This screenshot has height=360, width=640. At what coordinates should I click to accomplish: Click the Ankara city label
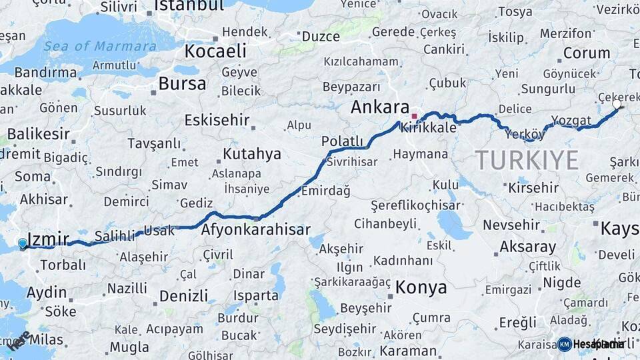[x=380, y=107]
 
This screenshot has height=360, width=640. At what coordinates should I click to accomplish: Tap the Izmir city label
[x=48, y=238]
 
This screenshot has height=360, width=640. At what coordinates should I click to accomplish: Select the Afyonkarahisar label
[x=256, y=230]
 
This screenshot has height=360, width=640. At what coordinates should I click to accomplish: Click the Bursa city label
[x=182, y=84]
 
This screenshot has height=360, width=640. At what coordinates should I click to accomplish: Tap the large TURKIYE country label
[x=527, y=160]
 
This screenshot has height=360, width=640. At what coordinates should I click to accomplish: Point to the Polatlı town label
[x=342, y=141]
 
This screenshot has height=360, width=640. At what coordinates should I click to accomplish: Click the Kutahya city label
[x=251, y=154]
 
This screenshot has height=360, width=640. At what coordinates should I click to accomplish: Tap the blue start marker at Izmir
[x=23, y=244]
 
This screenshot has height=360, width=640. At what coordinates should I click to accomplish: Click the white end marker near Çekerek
[x=617, y=105]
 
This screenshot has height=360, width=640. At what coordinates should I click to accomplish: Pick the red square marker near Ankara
[x=414, y=117]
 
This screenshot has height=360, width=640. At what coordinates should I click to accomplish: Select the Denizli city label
[x=183, y=295]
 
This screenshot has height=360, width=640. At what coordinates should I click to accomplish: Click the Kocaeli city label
[x=215, y=51]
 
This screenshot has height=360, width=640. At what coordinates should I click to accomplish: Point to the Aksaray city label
[x=527, y=247]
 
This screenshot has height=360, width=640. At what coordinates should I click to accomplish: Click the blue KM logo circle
[x=565, y=344]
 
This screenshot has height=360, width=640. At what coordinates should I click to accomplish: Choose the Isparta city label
[x=256, y=295]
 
